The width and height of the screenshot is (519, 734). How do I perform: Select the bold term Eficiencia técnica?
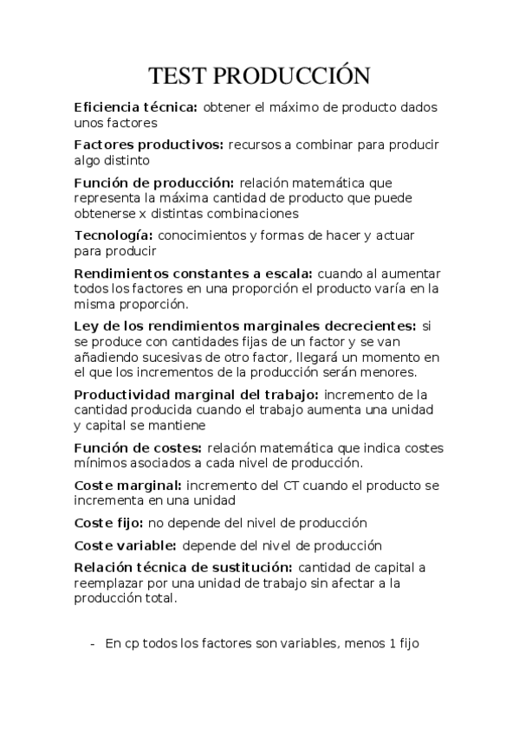136,107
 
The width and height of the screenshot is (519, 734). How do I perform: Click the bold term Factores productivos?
149,145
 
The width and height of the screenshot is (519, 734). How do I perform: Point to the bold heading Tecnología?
114,235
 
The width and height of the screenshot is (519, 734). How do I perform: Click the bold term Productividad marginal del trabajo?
197,395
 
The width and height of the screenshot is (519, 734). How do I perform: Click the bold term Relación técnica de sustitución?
182,568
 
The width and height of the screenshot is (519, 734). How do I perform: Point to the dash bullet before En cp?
93,644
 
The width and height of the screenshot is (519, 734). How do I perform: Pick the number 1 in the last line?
392,644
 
